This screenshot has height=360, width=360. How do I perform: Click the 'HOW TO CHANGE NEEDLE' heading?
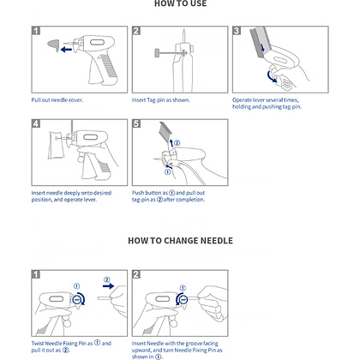[x=180, y=241]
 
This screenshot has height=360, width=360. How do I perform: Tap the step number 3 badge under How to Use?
[x=237, y=31]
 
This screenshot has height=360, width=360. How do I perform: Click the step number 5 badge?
[x=136, y=123]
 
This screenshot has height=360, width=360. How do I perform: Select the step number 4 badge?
[x=36, y=123]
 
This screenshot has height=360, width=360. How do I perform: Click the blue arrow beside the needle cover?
[x=66, y=50]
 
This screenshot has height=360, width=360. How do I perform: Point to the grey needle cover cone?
[x=53, y=45]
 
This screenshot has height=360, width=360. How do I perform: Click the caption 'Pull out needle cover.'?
[x=57, y=100]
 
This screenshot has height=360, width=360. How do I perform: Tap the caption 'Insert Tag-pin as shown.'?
[x=160, y=100]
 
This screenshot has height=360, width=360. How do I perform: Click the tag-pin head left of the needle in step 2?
[x=157, y=53]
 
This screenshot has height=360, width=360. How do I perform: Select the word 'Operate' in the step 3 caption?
[x=242, y=100]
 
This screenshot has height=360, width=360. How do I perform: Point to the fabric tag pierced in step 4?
[x=57, y=145]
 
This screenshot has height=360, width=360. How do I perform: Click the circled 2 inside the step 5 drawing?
[x=177, y=143]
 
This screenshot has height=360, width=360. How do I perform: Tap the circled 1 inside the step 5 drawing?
[x=168, y=171]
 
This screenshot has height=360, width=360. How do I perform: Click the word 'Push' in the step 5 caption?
[x=138, y=193]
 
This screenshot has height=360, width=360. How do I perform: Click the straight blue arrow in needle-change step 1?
[x=108, y=285]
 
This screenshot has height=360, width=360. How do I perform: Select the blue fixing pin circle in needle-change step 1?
[x=77, y=299]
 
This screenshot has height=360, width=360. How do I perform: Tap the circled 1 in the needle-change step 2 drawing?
[x=183, y=288]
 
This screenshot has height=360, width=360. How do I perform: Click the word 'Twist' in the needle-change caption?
[x=38, y=344]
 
